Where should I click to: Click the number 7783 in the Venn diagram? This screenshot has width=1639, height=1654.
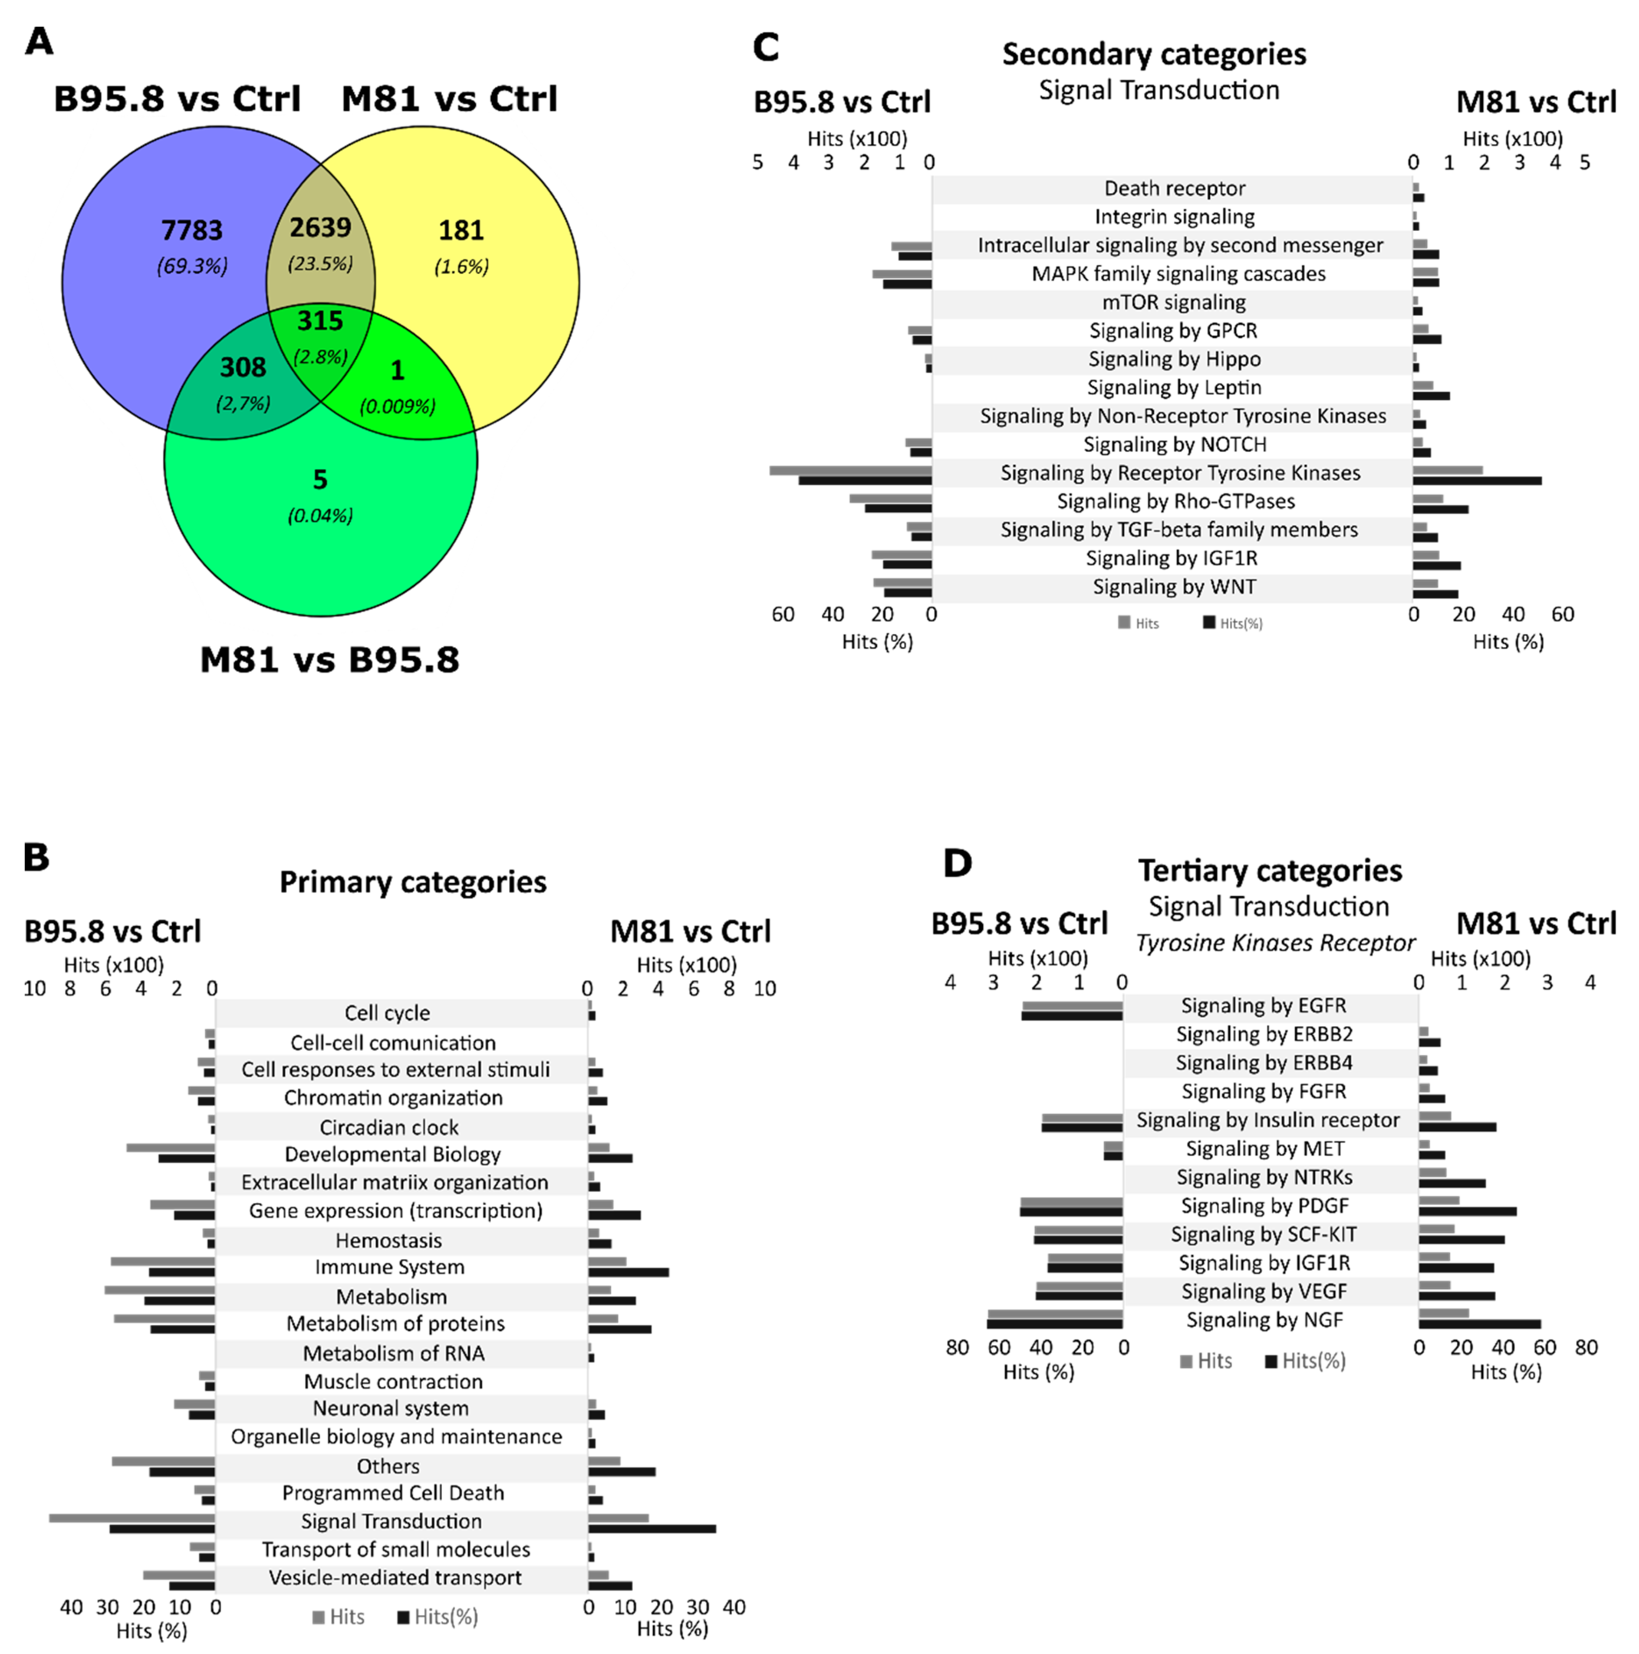(192, 230)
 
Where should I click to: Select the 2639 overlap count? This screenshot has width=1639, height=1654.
(320, 228)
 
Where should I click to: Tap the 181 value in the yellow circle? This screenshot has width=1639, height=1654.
(461, 230)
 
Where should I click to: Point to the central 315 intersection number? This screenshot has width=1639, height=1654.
(320, 321)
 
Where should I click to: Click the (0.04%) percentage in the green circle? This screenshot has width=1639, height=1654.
(320, 515)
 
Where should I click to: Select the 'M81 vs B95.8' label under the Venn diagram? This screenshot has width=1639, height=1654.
(329, 660)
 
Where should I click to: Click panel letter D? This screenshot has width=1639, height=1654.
(957, 863)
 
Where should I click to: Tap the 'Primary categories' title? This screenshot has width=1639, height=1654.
(413, 882)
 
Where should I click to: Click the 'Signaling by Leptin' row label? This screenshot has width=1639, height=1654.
(1173, 388)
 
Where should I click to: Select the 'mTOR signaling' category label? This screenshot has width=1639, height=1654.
(1173, 302)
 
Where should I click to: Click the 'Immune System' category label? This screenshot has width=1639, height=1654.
(389, 1267)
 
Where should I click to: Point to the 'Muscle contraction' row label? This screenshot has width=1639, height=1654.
(393, 1381)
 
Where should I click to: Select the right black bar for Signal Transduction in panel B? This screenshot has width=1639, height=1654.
(652, 1528)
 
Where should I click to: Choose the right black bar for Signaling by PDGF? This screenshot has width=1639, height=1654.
(1467, 1211)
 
